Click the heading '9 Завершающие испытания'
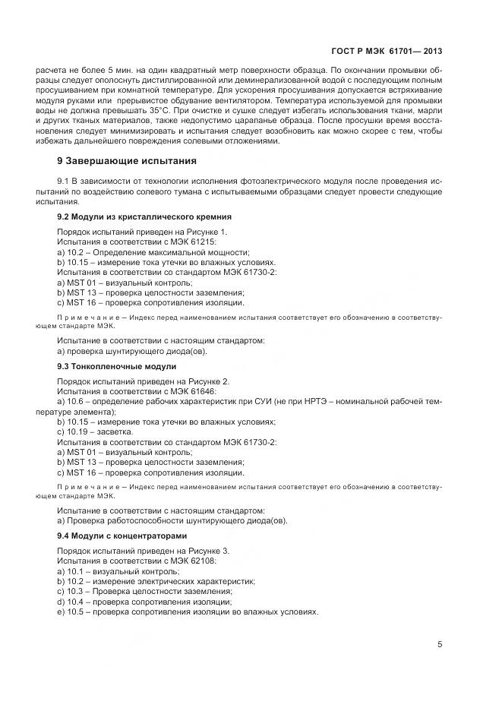(128, 161)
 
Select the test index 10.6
(76, 400)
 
